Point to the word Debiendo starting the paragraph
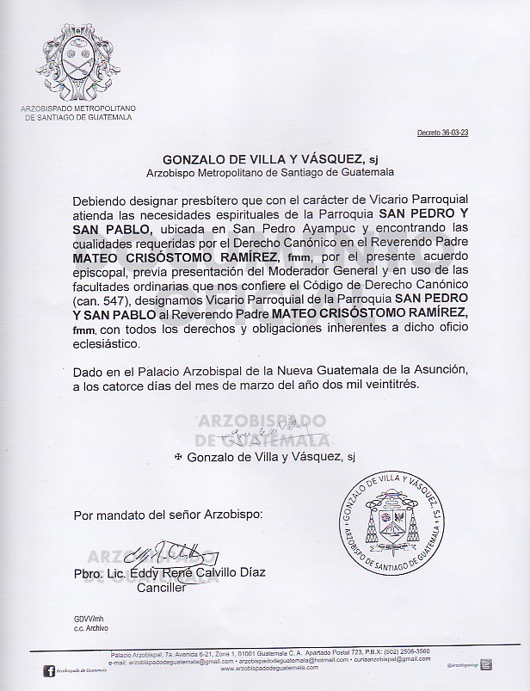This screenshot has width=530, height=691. click(102, 198)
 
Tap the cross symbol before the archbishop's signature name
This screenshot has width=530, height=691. click(178, 456)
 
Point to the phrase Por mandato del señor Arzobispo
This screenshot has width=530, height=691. click(166, 516)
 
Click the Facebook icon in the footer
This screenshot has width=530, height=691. click(48, 669)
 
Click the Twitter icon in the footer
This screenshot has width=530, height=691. click(486, 663)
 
